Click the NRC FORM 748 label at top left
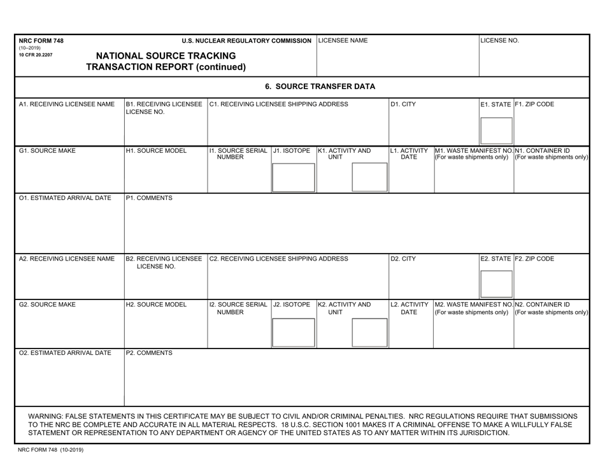(41, 41)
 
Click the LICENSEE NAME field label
(343, 41)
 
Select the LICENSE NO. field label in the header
(500, 41)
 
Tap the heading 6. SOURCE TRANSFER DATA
(320, 87)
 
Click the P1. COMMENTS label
(149, 198)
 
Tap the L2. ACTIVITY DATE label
(409, 308)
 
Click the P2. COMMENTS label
(149, 352)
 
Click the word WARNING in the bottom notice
(49, 415)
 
